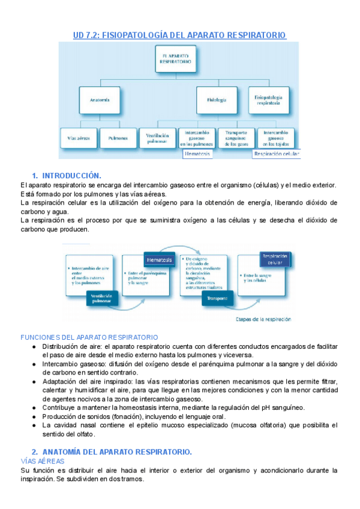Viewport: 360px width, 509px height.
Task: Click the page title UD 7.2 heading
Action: point(179,35)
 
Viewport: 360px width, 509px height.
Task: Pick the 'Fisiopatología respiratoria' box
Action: point(268,99)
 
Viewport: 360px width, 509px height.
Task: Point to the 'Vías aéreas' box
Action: point(78,138)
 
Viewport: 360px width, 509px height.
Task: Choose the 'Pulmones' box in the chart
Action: point(118,138)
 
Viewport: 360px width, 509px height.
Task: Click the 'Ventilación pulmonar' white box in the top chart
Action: point(158,138)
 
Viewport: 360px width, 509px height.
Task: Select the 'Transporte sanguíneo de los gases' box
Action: point(236,138)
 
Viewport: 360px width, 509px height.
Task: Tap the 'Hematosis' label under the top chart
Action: point(199,154)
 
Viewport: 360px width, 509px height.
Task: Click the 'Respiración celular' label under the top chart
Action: point(276,154)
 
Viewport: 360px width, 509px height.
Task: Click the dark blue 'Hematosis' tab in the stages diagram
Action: point(159,259)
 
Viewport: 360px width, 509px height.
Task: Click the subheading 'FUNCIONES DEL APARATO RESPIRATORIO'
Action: point(89,338)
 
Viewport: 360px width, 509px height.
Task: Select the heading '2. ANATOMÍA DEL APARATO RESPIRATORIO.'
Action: point(112,451)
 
